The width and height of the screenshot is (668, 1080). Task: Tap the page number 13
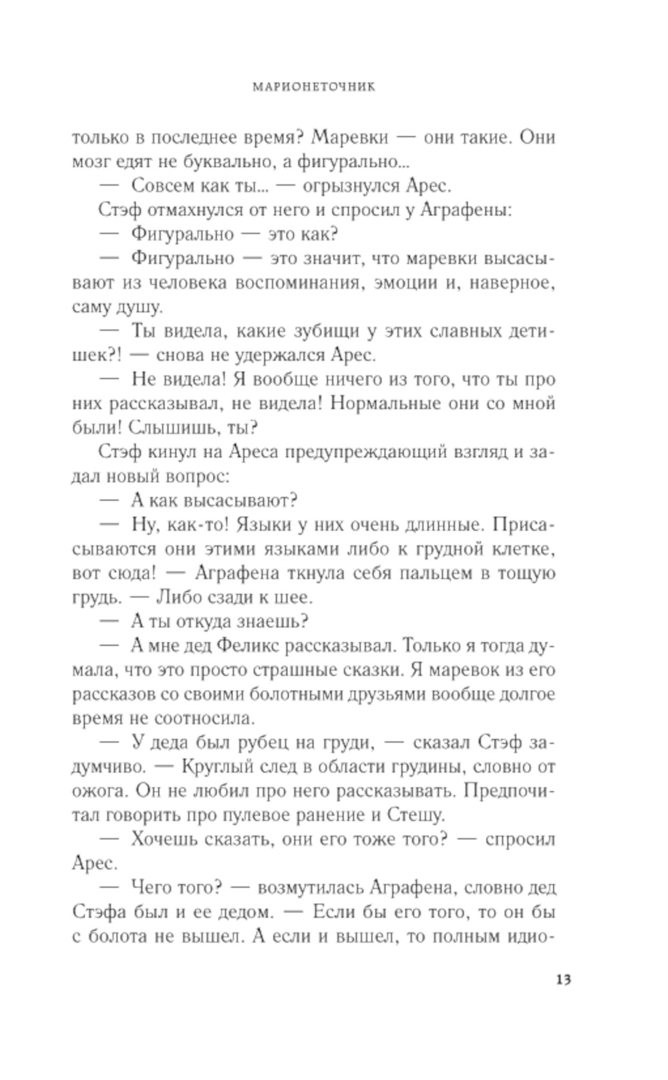(x=562, y=980)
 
